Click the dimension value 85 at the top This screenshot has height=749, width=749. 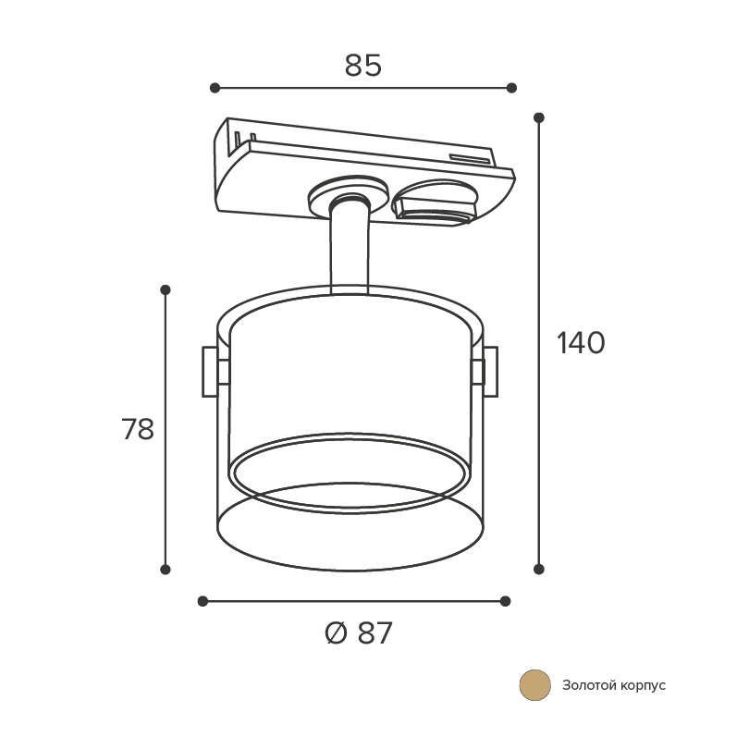coord(363,66)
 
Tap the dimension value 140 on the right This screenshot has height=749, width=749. coord(581,343)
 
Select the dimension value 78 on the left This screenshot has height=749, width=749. coord(138,429)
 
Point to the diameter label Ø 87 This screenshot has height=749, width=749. coord(358,633)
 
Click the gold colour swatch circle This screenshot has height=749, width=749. coord(535,685)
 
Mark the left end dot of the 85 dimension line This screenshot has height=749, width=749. coord(215,88)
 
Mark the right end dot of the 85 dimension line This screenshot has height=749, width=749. coord(511,88)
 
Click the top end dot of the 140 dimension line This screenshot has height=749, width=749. coord(539,117)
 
